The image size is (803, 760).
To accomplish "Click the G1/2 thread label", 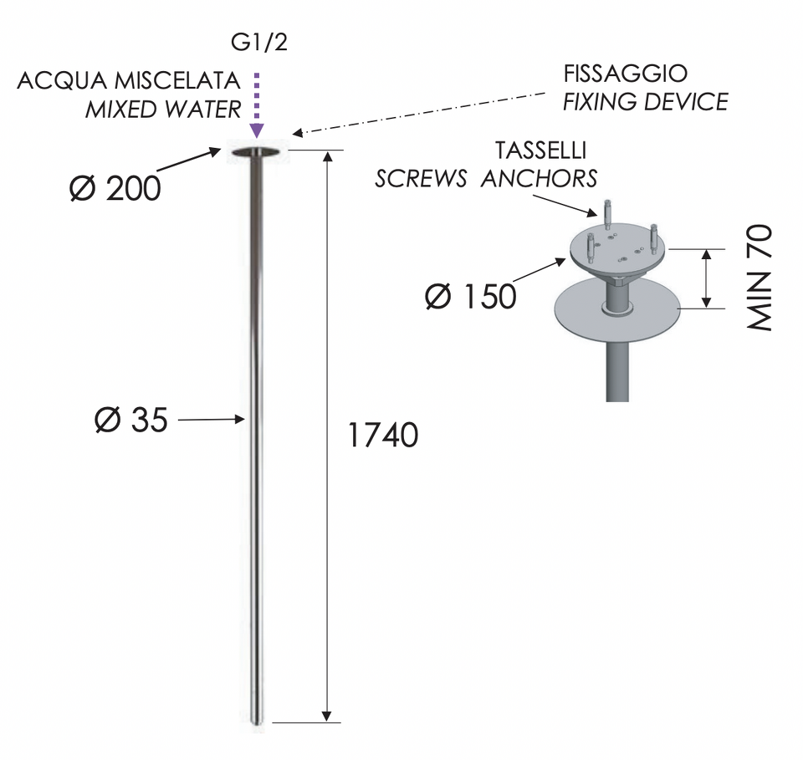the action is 259,42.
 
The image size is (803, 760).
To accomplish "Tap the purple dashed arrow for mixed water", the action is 257,105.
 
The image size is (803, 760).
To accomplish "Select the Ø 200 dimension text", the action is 115,188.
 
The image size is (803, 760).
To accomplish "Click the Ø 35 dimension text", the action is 131,420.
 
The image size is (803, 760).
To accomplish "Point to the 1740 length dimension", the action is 382,436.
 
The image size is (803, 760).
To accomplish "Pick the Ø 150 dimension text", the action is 471,296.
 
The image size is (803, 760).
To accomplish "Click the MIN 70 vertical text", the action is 759,278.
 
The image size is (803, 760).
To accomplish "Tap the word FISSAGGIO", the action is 626,74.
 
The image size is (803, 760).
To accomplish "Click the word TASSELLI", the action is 541,150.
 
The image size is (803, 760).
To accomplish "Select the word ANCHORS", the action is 539,179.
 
